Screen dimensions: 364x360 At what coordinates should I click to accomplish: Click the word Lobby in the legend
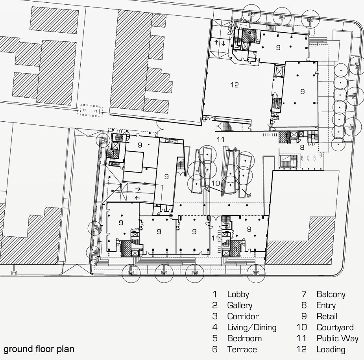pyautogui.click(x=238, y=294)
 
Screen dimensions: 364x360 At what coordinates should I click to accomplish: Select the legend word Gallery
pyautogui.click(x=240, y=305)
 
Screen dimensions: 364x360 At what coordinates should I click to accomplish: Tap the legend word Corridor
pyautogui.click(x=243, y=316)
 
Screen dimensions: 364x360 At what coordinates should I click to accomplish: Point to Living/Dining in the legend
pyautogui.click(x=252, y=327)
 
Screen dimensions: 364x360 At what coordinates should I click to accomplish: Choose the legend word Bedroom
pyautogui.click(x=244, y=338)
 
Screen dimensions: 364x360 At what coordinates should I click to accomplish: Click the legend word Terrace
pyautogui.click(x=242, y=349)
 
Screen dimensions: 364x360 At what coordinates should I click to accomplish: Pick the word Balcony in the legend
pyautogui.click(x=331, y=295)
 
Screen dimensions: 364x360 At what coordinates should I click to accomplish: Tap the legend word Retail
pyautogui.click(x=327, y=316)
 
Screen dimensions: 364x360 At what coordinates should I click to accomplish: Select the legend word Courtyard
pyautogui.click(x=335, y=327)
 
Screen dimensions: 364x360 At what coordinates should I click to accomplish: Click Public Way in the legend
pyautogui.click(x=337, y=338)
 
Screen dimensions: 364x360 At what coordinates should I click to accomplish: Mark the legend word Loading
pyautogui.click(x=331, y=349)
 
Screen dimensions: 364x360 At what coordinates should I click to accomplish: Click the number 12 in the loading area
pyautogui.click(x=235, y=85)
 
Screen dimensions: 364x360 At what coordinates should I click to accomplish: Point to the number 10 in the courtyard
pyautogui.click(x=215, y=183)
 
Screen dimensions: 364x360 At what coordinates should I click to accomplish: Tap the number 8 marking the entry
pyautogui.click(x=302, y=147)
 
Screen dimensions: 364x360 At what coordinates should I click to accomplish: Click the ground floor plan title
pyautogui.click(x=39, y=349)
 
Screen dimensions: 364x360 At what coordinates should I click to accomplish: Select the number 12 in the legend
pyautogui.click(x=301, y=349)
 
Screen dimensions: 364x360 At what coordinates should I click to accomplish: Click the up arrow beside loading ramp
pyautogui.click(x=216, y=43)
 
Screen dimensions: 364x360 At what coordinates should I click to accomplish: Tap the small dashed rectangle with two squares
pyautogui.click(x=90, y=111)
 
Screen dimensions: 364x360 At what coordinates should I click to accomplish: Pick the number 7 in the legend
pyautogui.click(x=304, y=294)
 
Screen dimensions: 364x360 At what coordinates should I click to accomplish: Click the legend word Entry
pyautogui.click(x=326, y=305)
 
